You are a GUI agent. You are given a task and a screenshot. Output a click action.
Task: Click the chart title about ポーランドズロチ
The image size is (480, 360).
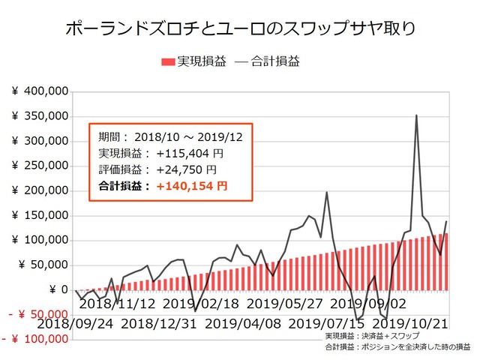coord(240,28)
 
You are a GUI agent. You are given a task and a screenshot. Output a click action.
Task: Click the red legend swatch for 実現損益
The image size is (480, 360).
coord(168,62)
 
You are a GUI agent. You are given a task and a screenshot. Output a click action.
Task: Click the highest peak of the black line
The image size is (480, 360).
coord(416,115)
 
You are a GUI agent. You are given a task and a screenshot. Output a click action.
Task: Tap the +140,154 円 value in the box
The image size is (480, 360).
coord(192,184)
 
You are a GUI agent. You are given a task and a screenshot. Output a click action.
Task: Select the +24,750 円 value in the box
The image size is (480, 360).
coord(185,169)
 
